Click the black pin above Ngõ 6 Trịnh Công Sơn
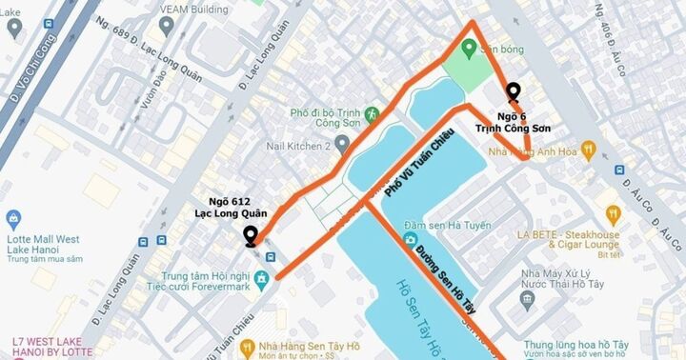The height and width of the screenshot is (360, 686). pos(514,91)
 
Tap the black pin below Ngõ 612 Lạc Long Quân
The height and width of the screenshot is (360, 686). pos(251,236)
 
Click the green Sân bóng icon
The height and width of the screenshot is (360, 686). pos(467,50)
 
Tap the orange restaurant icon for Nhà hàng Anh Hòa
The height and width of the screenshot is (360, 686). pos(588,149)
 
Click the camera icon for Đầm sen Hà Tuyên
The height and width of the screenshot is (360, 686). pos(409,239)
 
